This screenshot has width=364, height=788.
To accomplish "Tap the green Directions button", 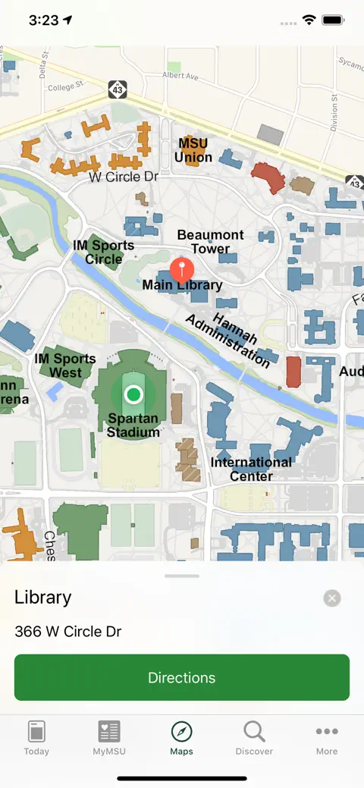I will (182, 677).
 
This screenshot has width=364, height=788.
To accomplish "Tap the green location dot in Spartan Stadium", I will (133, 394).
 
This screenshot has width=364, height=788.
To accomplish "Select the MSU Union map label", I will (193, 150).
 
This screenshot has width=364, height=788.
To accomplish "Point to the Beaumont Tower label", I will (210, 242).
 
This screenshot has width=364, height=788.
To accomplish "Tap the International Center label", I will (251, 469).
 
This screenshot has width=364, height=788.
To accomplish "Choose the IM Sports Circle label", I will (103, 253).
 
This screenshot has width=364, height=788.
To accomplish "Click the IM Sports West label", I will (65, 366).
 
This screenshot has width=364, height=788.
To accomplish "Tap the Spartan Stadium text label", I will (133, 425).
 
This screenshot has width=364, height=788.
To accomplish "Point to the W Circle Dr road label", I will (124, 177).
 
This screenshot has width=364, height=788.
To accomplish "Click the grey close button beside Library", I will (332, 598).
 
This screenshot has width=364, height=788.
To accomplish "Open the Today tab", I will (36, 738).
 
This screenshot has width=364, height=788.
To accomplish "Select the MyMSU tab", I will (109, 738).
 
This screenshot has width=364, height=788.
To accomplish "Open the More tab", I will (327, 738).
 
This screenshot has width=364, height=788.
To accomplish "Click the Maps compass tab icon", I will (182, 732).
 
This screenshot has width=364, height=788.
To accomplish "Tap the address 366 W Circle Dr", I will (68, 632).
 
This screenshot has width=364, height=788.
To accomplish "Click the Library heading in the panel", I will (43, 598).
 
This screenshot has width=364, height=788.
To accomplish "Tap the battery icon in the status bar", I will (333, 20).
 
